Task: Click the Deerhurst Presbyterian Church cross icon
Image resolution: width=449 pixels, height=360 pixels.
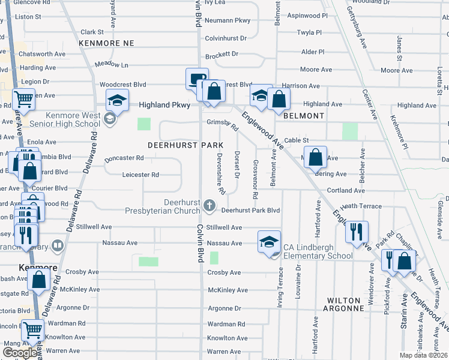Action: click(209, 206)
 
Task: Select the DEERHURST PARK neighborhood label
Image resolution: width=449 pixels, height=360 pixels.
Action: click(185, 145)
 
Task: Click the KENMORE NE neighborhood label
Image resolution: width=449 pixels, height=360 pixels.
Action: click(106, 44)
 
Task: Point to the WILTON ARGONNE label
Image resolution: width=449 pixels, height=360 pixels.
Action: click(345, 304)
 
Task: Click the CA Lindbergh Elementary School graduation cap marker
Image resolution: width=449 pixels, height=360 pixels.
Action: click(270, 241)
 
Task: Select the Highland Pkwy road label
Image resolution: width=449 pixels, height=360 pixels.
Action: click(164, 104)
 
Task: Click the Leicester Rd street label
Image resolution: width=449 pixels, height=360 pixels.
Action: click(140, 175)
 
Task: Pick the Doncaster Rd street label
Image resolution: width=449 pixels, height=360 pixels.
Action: click(124, 158)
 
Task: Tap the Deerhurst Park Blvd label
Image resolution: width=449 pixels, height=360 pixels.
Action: click(250, 211)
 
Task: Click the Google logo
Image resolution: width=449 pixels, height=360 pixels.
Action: click(20, 353)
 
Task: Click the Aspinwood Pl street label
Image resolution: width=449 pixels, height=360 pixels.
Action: click(308, 15)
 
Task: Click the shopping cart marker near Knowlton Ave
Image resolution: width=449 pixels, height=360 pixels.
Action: click(32, 329)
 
